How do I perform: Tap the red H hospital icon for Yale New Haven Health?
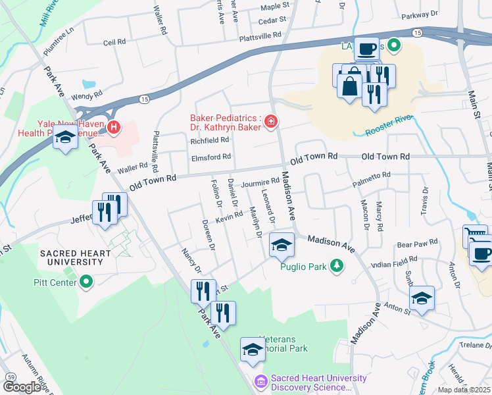point(114,126)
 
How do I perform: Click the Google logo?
point(22,386)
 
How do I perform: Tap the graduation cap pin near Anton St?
point(422,299)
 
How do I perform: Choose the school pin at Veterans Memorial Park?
point(252,351)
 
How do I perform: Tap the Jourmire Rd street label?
point(260,182)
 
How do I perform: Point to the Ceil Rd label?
point(114,42)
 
